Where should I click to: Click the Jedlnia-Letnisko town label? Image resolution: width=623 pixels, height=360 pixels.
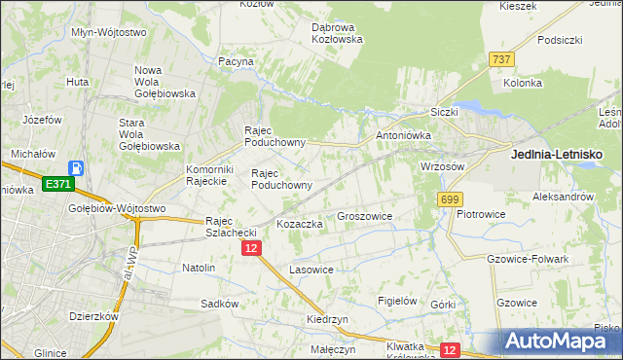click(x=557, y=154)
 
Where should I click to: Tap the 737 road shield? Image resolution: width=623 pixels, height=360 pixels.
click(x=502, y=59)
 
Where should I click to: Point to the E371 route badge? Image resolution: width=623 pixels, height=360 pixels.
click(x=56, y=183)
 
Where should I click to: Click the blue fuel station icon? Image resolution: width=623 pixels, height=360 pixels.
click(x=77, y=168)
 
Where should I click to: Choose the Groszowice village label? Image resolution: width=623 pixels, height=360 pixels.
click(x=364, y=217)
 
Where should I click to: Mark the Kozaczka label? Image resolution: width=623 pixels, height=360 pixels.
click(x=300, y=224)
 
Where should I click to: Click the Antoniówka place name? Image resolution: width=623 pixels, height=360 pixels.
click(x=403, y=135)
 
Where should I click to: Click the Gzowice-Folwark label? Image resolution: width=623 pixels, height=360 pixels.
click(x=527, y=259)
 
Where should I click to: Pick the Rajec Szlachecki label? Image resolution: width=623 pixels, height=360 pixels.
click(x=230, y=227)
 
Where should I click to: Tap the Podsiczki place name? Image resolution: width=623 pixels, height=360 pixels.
click(x=559, y=40)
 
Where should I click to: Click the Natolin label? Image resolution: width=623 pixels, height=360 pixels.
click(x=199, y=267)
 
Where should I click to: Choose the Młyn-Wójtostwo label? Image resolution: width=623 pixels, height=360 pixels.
click(x=109, y=31)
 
